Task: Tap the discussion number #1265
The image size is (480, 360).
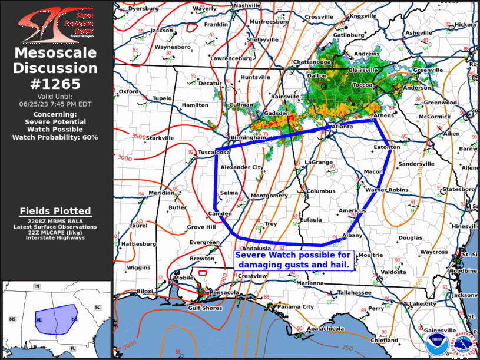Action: click(x=56, y=84)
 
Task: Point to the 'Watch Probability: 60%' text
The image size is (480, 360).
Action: click(x=56, y=137)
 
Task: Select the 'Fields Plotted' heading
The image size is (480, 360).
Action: click(x=55, y=211)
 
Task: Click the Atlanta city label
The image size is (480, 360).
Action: click(x=342, y=126)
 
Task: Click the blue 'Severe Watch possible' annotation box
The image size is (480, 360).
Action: click(x=293, y=260)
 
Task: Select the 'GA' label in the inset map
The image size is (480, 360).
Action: click(x=74, y=319)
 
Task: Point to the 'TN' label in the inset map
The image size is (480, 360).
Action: click(x=37, y=286)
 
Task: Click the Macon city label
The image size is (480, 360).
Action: click(x=373, y=171)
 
